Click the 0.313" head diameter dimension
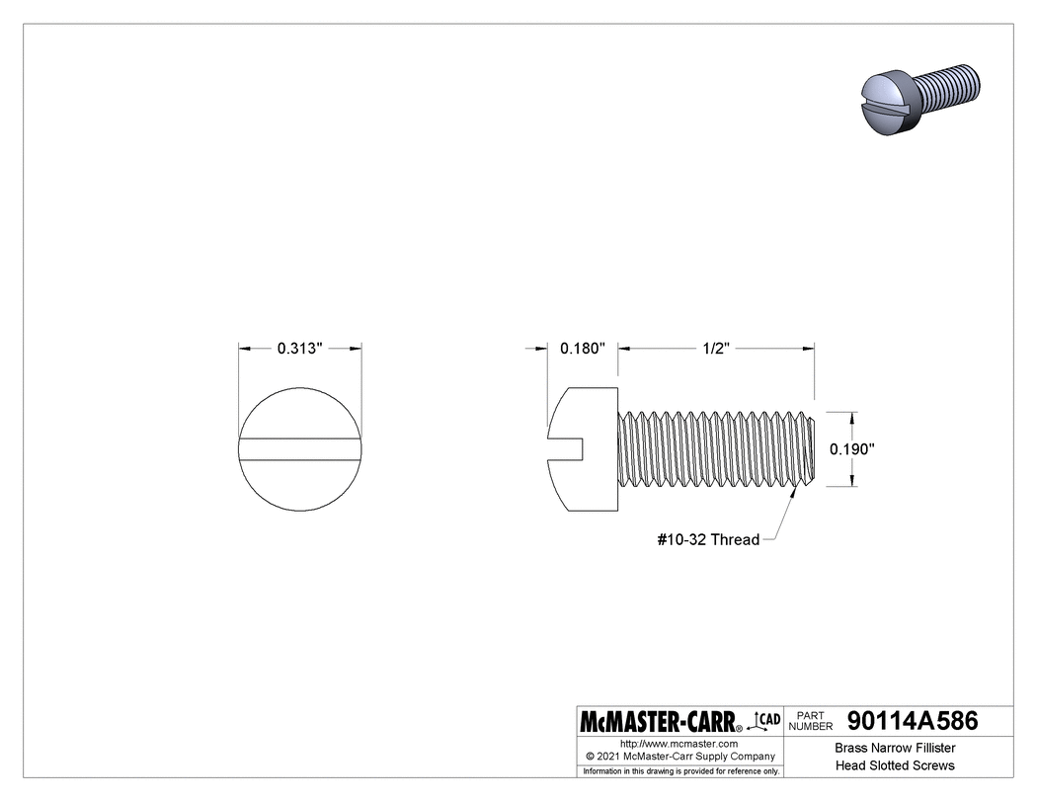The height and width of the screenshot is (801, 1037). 300,349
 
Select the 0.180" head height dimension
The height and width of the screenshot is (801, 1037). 582,349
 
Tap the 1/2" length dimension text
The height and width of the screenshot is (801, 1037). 716,349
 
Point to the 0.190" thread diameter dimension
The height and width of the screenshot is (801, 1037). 852,448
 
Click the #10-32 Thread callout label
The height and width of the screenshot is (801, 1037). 708,539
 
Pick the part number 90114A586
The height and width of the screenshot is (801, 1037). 913,721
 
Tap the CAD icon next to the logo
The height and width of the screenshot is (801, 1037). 766,720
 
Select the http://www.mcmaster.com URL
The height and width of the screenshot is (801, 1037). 679,743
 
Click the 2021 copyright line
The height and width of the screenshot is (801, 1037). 679,756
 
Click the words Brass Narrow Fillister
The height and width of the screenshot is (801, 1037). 895,748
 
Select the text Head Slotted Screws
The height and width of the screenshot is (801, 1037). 895,765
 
